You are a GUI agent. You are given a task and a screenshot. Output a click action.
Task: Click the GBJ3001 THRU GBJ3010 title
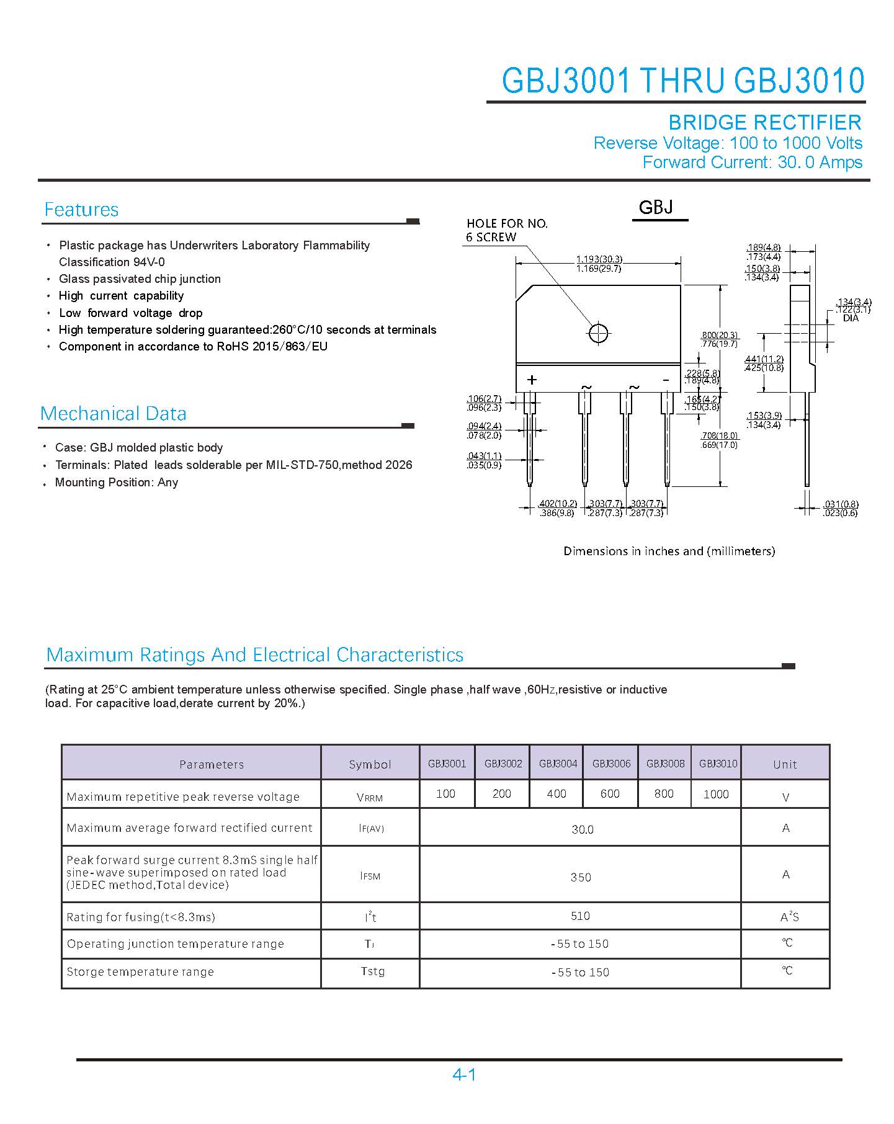[682, 81]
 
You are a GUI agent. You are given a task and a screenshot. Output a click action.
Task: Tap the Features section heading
[81, 210]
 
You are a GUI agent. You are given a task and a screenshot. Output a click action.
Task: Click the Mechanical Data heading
[113, 414]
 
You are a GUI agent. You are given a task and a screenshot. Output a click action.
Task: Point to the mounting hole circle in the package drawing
[598, 333]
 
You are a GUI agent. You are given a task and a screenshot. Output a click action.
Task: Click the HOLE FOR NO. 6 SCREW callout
[507, 230]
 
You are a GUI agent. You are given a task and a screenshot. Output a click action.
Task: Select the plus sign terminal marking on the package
[532, 380]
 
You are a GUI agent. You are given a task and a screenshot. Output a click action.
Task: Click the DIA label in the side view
[851, 318]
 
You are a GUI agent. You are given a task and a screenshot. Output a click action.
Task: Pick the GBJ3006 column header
[611, 764]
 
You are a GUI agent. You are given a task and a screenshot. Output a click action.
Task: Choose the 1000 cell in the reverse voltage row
[716, 795]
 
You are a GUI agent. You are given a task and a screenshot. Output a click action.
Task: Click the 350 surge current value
[581, 877]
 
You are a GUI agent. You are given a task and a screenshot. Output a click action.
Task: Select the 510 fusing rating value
[581, 916]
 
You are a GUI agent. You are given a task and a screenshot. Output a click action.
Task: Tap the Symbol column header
[370, 765]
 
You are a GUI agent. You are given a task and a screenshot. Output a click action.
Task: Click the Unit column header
[785, 765]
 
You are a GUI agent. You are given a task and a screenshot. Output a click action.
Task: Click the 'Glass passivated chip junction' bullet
[140, 279]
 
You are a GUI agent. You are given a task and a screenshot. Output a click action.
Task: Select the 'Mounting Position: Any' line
[117, 483]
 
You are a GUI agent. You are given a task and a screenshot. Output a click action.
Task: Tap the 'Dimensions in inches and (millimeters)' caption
[669, 551]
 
